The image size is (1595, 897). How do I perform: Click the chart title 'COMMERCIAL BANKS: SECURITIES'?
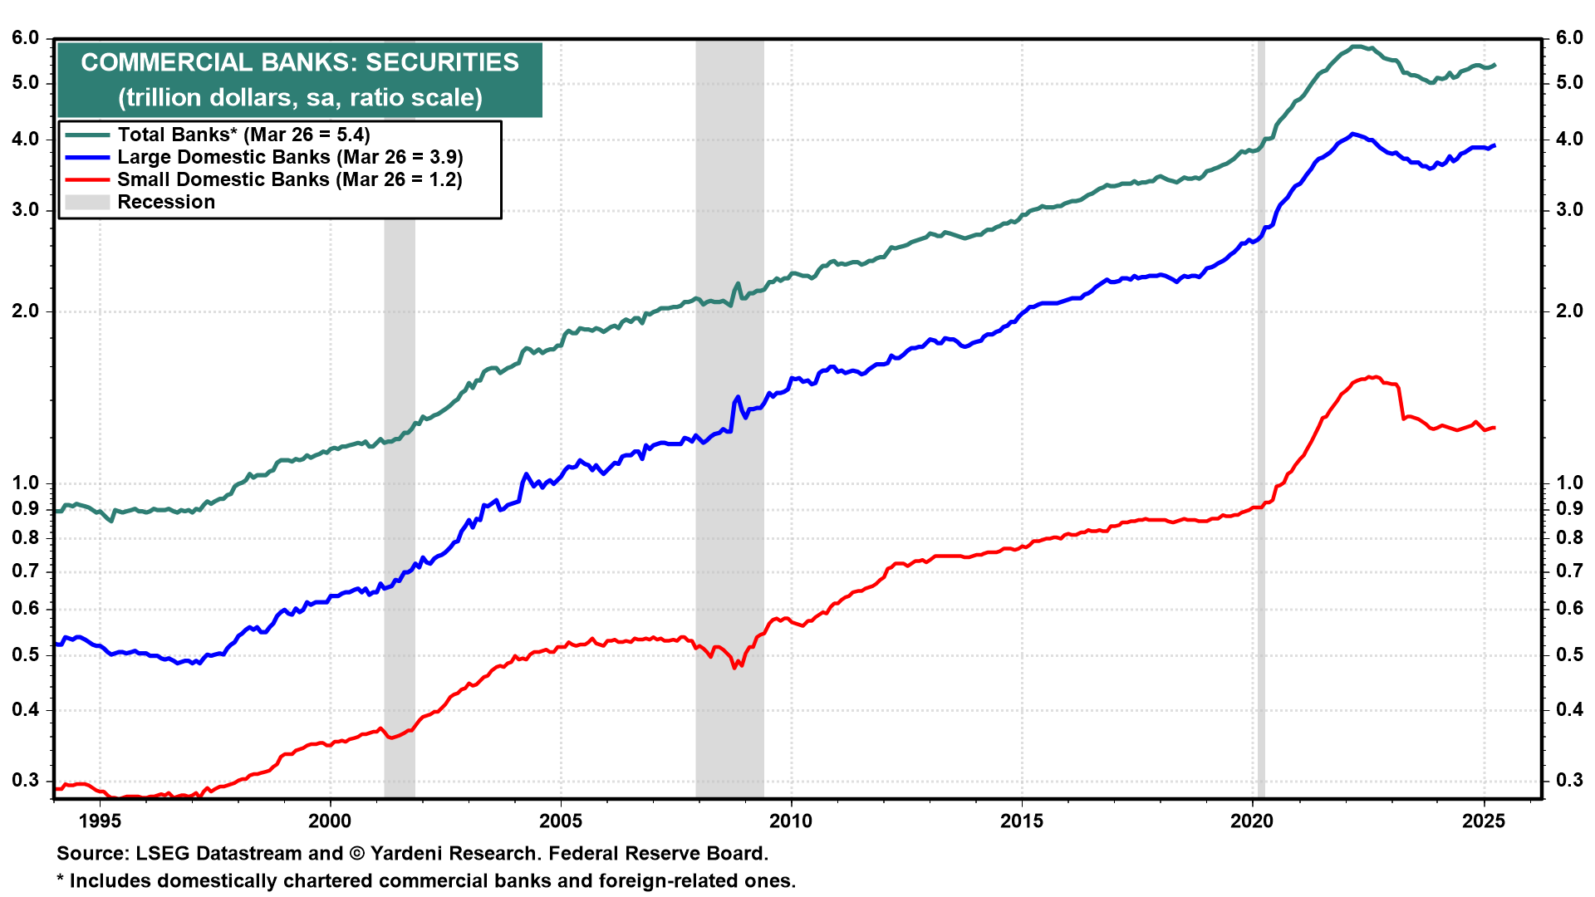click(x=299, y=62)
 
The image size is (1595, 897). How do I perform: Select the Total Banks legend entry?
click(x=243, y=135)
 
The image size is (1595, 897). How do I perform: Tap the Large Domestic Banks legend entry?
click(x=289, y=157)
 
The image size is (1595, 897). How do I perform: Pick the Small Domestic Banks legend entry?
click(x=289, y=179)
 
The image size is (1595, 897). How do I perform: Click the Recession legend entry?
click(x=165, y=202)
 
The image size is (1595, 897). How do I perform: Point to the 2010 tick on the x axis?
click(x=791, y=821)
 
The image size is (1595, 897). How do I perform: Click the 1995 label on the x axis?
click(x=100, y=821)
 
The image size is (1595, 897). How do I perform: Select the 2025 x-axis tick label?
click(x=1483, y=821)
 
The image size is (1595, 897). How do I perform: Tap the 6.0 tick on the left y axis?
click(x=26, y=38)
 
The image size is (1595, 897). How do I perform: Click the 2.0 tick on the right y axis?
click(x=1569, y=311)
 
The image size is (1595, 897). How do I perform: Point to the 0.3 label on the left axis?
click(x=26, y=780)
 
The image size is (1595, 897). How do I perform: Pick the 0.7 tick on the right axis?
click(x=1569, y=571)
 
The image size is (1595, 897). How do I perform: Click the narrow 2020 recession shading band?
click(x=1261, y=415)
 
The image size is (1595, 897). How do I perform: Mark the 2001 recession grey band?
click(x=399, y=498)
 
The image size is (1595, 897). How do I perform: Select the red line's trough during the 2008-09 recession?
click(x=734, y=667)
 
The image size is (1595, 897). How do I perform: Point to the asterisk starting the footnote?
click(x=60, y=879)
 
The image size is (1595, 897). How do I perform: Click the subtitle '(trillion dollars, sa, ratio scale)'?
click(x=299, y=98)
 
